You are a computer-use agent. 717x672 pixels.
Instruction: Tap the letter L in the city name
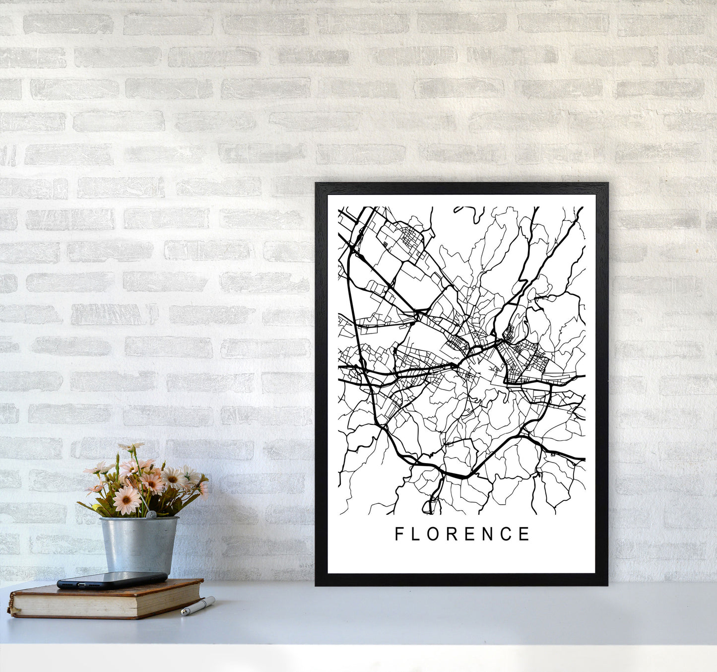(x=417, y=534)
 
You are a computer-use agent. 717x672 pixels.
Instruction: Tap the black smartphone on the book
(x=112, y=580)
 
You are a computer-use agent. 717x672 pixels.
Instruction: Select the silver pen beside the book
(x=197, y=606)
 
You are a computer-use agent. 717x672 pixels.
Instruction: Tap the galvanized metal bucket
(x=138, y=544)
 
